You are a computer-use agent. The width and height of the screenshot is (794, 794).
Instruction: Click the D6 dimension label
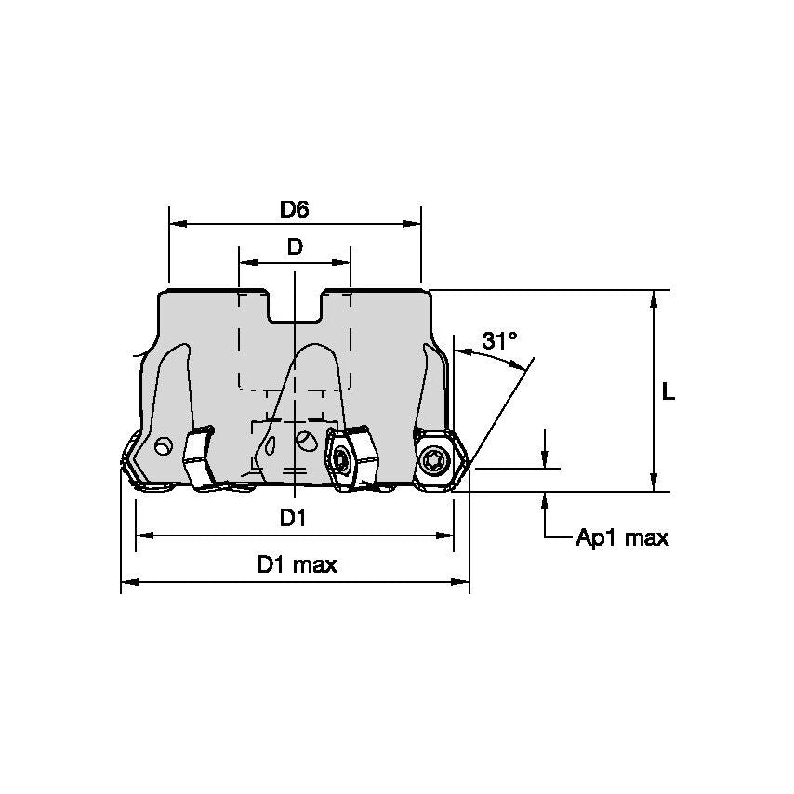(x=294, y=210)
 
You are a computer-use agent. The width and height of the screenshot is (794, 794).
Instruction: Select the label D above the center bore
(x=294, y=247)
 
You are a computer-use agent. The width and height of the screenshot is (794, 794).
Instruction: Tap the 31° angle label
(x=499, y=341)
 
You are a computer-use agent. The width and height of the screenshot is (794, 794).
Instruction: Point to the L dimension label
(x=668, y=392)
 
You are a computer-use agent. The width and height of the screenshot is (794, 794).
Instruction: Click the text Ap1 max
(x=622, y=538)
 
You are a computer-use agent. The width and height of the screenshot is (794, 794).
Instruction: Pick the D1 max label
(x=297, y=564)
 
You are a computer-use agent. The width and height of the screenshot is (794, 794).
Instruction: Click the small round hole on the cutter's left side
(x=164, y=447)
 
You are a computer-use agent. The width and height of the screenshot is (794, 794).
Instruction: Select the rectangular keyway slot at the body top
(x=295, y=307)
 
